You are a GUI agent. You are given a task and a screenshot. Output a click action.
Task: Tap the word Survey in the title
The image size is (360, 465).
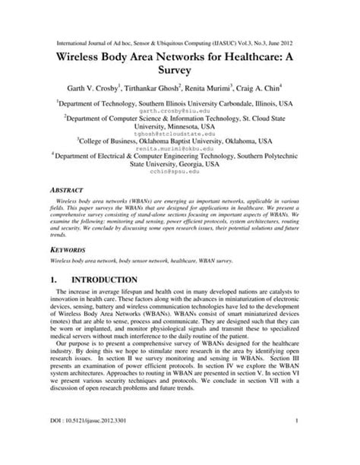pos(180,77)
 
